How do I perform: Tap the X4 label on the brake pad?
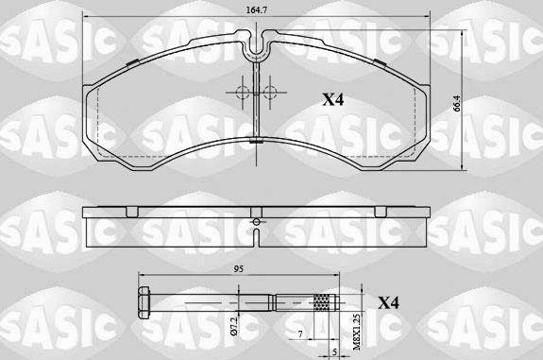(x=333, y=98)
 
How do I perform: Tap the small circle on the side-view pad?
(x=257, y=223)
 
